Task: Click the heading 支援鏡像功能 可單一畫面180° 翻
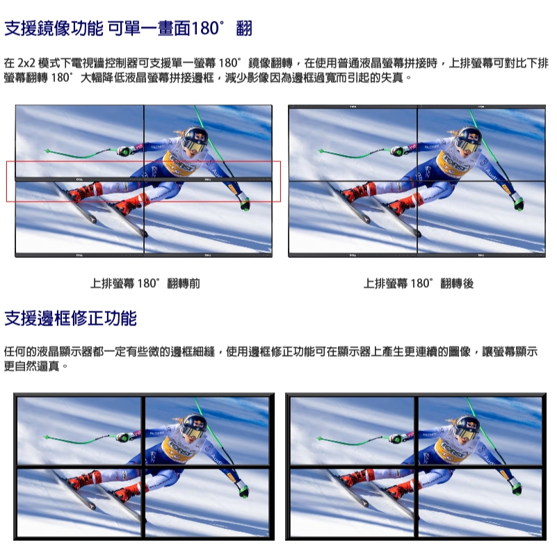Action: tap(128, 29)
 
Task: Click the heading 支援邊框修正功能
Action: tap(70, 318)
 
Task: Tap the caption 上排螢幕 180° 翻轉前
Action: tap(145, 284)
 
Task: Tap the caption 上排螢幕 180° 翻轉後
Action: tap(419, 284)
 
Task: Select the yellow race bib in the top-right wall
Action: tap(455, 163)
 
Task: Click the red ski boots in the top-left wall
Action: tap(107, 198)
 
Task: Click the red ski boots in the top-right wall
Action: tap(381, 198)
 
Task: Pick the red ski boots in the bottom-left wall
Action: tap(106, 484)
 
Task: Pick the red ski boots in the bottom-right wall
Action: tap(380, 485)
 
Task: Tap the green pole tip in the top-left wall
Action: tap(47, 151)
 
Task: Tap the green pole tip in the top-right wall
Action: tap(321, 151)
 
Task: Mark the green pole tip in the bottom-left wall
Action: tap(47, 437)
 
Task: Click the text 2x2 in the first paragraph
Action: tap(26, 63)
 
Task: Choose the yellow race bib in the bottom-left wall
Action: tap(179, 449)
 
